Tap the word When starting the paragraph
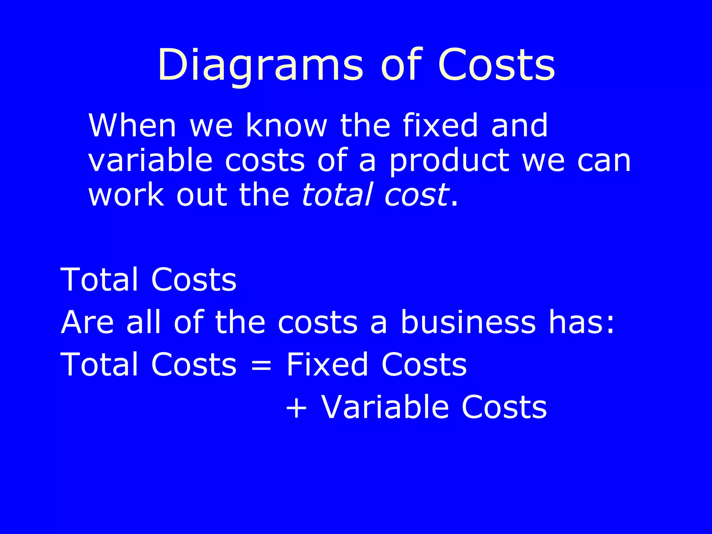point(132,126)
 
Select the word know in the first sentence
point(286,126)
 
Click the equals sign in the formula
point(261,365)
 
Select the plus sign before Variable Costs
point(296,408)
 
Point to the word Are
point(87,322)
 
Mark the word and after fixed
point(519,126)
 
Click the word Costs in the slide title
point(496,66)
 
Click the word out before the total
point(202,195)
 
